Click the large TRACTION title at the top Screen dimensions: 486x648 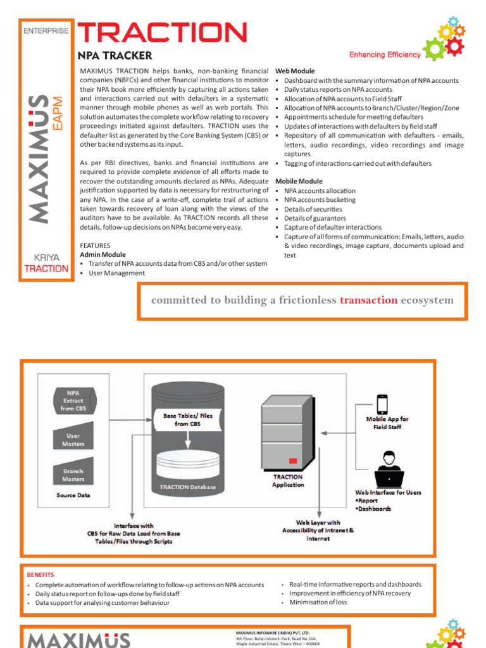click(162, 33)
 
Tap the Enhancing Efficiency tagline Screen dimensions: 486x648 click(385, 55)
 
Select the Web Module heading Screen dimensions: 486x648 click(295, 71)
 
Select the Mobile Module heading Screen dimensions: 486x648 click(299, 182)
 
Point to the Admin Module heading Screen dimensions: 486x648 click(103, 254)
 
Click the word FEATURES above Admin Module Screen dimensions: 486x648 click(95, 246)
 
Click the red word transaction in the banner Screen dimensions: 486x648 click(368, 300)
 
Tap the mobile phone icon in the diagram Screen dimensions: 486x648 click(382, 403)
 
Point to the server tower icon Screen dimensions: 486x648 click(287, 430)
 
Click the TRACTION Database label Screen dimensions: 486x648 click(184, 487)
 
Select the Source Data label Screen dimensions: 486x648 click(74, 495)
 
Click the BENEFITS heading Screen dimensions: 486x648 click(40, 575)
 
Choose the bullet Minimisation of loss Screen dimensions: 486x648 click(318, 602)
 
